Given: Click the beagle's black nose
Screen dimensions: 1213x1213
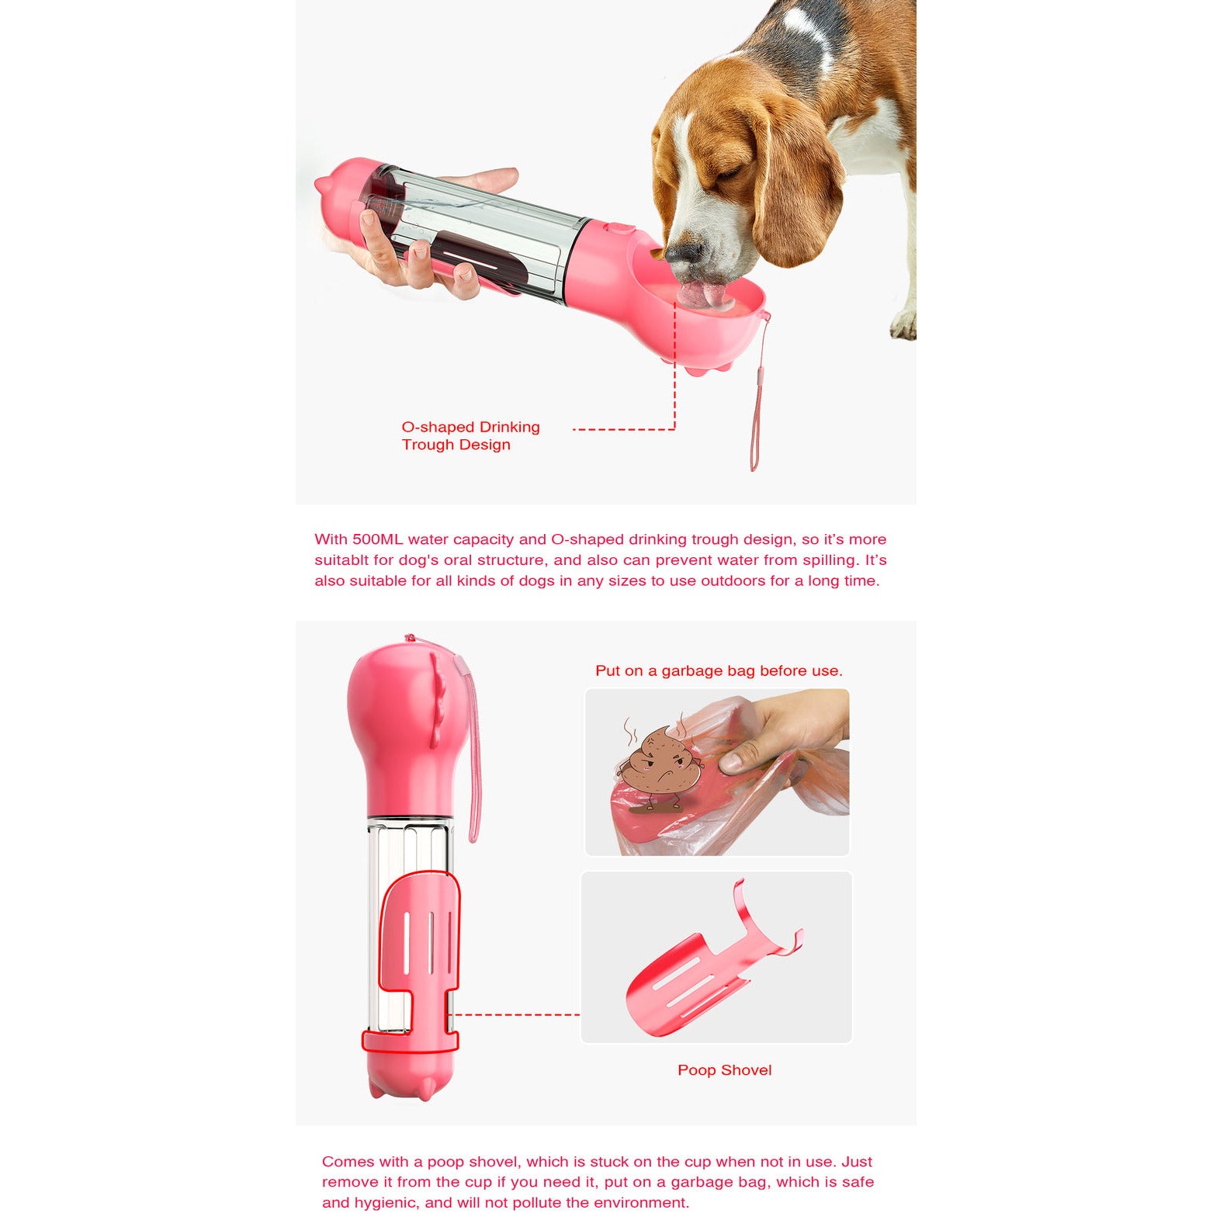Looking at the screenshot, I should click(x=684, y=252).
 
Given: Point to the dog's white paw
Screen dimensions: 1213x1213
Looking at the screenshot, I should click(x=904, y=325).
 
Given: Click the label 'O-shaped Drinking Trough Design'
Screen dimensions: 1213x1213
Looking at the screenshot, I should click(x=470, y=435).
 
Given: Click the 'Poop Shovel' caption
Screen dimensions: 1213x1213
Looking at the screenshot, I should click(x=724, y=1070).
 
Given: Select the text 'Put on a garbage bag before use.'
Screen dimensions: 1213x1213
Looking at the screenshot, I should click(x=719, y=671).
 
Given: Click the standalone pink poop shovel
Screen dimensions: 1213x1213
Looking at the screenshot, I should click(x=698, y=978).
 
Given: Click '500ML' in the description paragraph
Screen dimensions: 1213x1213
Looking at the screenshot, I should click(x=377, y=539).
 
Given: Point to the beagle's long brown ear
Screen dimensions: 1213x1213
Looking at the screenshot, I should click(x=795, y=194).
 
